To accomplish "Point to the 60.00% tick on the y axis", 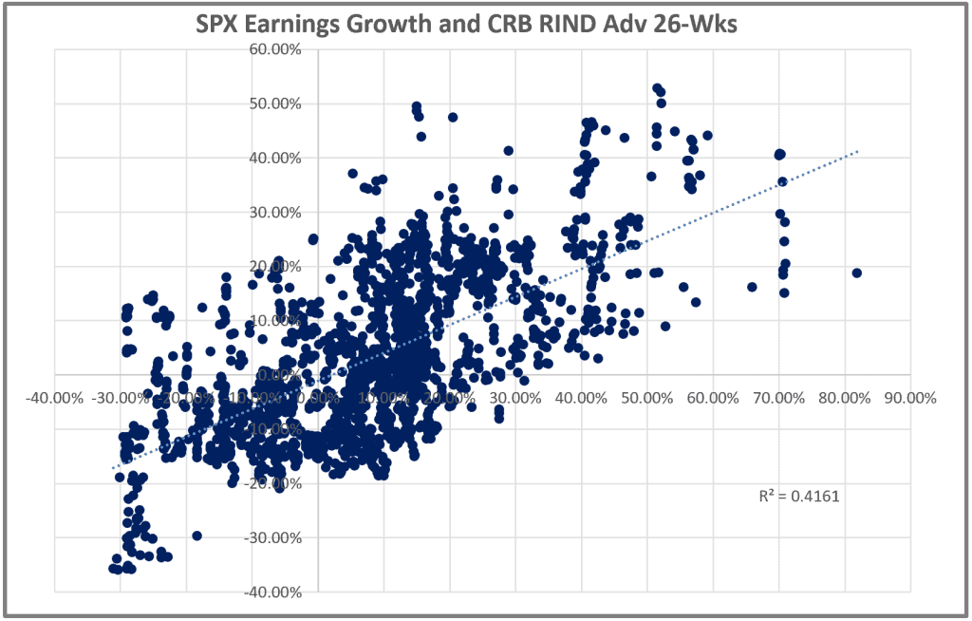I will [x=276, y=49].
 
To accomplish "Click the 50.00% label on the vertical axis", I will [x=276, y=103].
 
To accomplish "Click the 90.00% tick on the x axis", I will [x=909, y=398].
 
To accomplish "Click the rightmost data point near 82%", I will [x=856, y=273].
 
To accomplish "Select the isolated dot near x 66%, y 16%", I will [x=752, y=287].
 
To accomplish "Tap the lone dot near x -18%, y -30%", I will [x=197, y=536].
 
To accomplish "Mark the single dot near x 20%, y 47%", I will [x=453, y=118].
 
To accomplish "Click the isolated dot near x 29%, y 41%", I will [x=509, y=151].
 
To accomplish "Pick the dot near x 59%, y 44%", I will [x=707, y=135].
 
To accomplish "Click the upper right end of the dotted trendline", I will [x=858, y=151].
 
